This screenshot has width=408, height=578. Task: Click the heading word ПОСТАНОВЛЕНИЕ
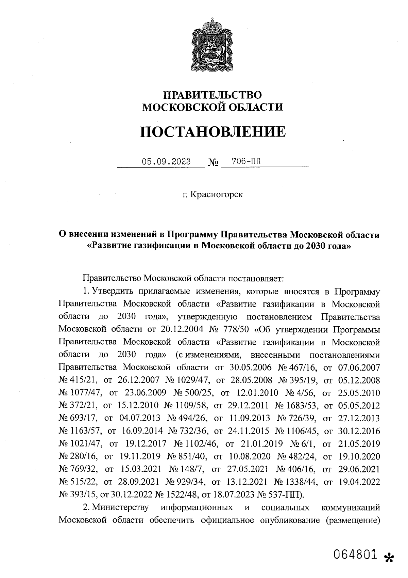coord(213,131)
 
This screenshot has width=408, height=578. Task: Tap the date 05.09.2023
coord(166,161)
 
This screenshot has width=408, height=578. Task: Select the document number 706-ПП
coord(246,161)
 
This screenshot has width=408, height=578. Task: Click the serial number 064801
coord(355,555)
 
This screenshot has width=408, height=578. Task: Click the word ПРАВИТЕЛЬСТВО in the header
coord(213,94)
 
